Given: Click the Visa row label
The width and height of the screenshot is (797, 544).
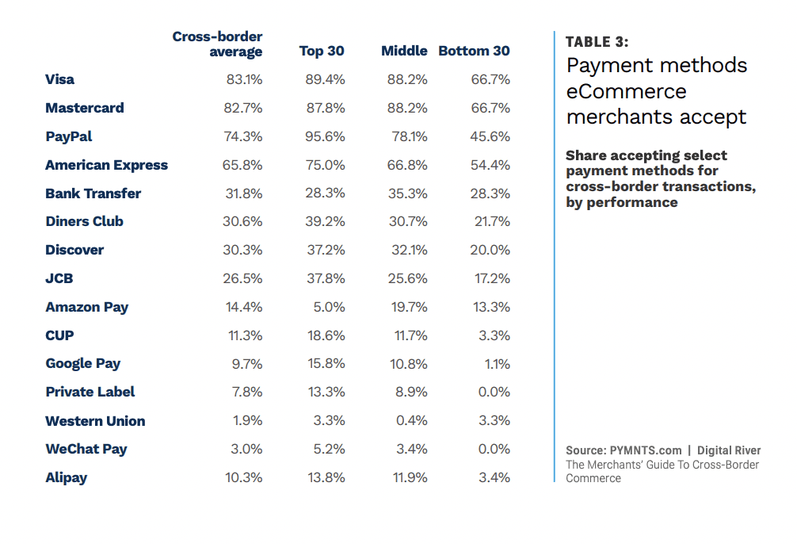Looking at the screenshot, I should (60, 79).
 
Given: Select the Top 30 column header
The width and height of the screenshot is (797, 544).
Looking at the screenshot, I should (322, 51).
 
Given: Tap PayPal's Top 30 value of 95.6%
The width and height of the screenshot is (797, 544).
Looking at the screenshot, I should (325, 136).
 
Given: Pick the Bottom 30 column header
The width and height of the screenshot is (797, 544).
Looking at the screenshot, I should (474, 51).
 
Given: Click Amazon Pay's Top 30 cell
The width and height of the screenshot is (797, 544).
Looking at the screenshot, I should (329, 307).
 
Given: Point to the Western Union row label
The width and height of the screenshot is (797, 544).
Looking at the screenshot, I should (95, 421).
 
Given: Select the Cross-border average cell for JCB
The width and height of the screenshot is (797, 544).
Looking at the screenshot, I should (242, 278).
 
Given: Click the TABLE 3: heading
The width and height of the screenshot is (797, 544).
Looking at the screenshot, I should (597, 42).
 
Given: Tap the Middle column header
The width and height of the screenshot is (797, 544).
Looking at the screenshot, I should (404, 51).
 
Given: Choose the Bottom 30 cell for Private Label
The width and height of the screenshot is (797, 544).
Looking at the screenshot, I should (494, 392).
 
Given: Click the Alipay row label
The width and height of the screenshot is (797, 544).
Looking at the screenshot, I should (67, 477).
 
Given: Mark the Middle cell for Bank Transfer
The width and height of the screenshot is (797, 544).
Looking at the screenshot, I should (408, 193).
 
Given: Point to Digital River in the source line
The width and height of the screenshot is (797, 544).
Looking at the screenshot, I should (729, 450).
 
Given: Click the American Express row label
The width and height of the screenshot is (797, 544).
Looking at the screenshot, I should (106, 165).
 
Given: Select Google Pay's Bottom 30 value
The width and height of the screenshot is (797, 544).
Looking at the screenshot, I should (497, 364).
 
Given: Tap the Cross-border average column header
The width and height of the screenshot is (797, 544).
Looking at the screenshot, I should (219, 44).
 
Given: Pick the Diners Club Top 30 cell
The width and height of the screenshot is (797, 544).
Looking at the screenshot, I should (325, 221).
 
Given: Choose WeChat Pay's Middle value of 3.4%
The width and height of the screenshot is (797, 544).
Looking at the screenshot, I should (411, 449).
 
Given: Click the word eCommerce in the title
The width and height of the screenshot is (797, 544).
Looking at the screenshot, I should (626, 90).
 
